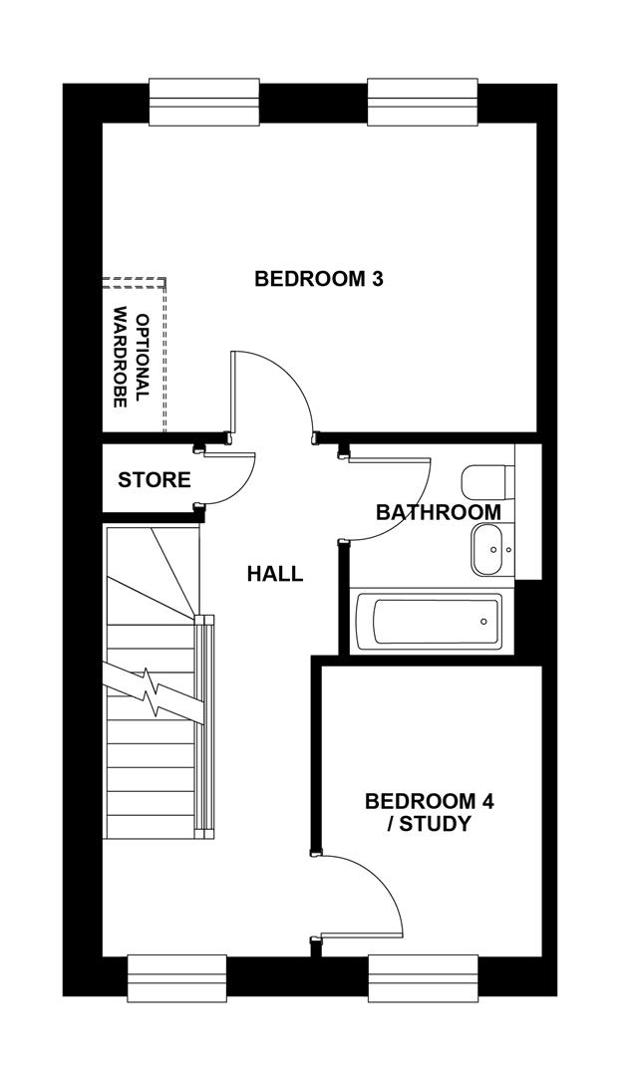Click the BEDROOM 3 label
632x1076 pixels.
coord(319,279)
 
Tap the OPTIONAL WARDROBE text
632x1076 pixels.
coord(131,359)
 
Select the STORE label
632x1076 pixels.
coord(155,480)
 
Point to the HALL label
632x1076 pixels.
coord(275,574)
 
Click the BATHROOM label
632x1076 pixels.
coord(438,512)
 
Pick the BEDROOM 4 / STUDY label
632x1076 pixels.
coord(416,812)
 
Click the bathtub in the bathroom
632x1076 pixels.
coord(428,622)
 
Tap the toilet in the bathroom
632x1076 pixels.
coord(485,482)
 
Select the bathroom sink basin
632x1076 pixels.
coord(488,550)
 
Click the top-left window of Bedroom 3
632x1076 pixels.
coord(204,103)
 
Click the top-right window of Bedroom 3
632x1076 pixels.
coord(423,103)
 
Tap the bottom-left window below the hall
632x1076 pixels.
coord(178,976)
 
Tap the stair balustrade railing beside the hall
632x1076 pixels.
coord(206,722)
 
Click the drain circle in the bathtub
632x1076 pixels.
coord(483,622)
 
